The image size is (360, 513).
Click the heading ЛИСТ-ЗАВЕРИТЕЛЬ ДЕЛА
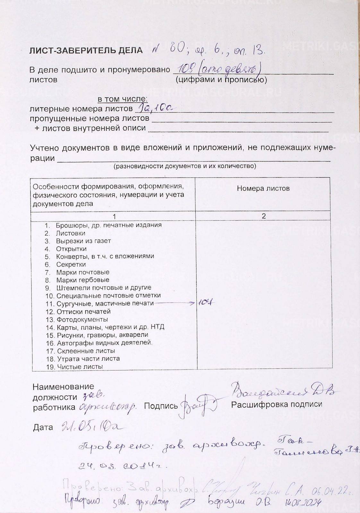[86, 51]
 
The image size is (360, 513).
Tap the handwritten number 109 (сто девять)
[218, 69]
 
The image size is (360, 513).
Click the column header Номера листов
[263, 188]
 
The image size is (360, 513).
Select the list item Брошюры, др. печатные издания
[108, 225]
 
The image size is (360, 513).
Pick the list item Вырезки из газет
[83, 241]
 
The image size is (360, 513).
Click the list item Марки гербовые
[82, 280]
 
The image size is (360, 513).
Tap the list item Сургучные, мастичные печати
[105, 303]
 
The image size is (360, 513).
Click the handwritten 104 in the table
[206, 302]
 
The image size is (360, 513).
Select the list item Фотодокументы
[82, 319]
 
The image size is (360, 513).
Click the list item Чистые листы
[80, 367]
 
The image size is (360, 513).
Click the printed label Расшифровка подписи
[277, 405]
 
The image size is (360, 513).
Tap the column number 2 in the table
[264, 216]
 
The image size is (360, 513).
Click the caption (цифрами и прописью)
[221, 80]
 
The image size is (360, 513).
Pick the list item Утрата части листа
[88, 359]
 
